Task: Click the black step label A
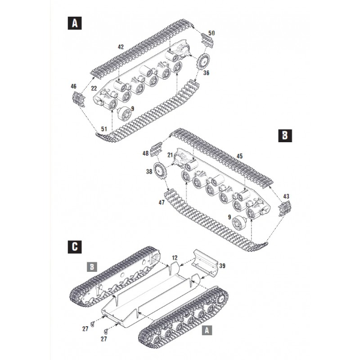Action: click(73, 23)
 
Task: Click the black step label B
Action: click(285, 136)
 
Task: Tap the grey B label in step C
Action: click(91, 267)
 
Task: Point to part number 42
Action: click(121, 47)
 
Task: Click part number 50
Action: click(212, 33)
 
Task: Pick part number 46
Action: click(74, 86)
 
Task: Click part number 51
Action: click(103, 130)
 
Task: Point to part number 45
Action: click(240, 156)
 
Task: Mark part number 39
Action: click(222, 266)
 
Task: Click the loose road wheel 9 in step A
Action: click(123, 114)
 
